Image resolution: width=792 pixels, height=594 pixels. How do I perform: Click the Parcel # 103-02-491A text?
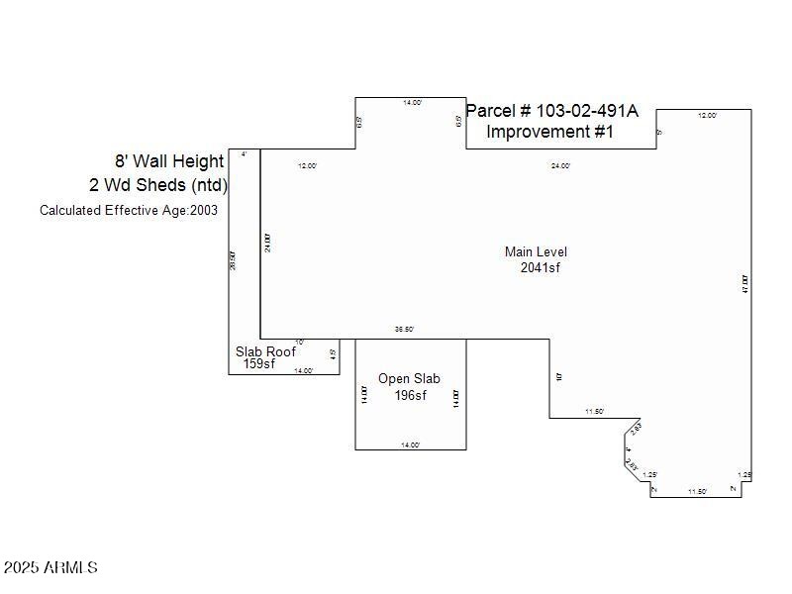pos(551,111)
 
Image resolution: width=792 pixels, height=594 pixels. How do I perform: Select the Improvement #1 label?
pos(549,132)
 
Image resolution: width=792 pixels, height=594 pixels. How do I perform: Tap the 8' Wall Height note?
pos(169,161)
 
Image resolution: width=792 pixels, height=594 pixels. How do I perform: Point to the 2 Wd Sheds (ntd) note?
pos(158,185)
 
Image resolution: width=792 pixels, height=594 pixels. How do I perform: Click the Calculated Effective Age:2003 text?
pos(129,210)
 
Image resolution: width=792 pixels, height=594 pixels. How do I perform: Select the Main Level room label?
pos(536,252)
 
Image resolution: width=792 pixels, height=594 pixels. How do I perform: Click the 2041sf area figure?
pos(541,267)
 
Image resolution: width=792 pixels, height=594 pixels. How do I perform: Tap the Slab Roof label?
pos(265,351)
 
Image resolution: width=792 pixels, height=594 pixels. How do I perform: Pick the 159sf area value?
pos(259,364)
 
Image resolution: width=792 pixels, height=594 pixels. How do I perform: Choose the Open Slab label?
pos(409,379)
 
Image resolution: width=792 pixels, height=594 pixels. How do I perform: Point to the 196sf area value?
pos(410,396)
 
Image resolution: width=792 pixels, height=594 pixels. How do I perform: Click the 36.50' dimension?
pos(404,330)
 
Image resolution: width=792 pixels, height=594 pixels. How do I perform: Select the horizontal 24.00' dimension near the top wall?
pos(560,166)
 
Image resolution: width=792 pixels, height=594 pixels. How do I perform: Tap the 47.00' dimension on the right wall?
pos(745,283)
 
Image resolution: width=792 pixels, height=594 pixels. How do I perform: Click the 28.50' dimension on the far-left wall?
pos(234,261)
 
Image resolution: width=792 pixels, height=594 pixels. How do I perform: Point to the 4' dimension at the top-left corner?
pos(244,154)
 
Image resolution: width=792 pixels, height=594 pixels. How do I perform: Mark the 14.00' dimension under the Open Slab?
pos(411,445)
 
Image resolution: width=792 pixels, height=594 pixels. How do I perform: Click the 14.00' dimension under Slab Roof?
pos(304,371)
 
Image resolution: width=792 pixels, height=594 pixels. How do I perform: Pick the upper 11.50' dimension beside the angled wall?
pos(594,412)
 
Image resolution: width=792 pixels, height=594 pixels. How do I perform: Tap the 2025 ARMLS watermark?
pos(50,568)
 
